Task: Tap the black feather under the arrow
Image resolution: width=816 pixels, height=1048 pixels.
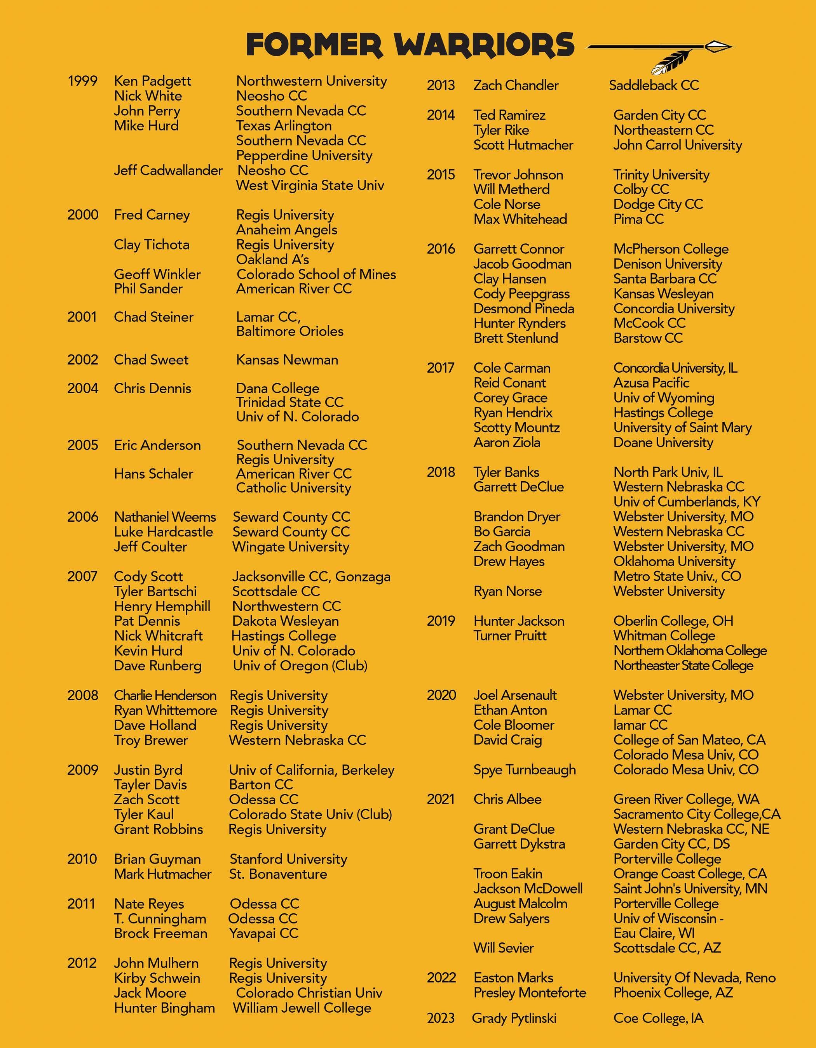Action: pyautogui.click(x=672, y=62)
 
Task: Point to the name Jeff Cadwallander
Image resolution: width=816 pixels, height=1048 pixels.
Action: pyautogui.click(x=168, y=170)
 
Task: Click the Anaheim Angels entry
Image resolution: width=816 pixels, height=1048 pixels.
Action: pyautogui.click(x=286, y=230)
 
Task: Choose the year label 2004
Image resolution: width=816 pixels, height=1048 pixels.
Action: pyautogui.click(x=83, y=388)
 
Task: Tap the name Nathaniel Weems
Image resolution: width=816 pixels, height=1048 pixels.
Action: pyautogui.click(x=165, y=517)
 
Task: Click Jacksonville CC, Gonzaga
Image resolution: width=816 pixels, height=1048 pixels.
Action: pyautogui.click(x=311, y=576)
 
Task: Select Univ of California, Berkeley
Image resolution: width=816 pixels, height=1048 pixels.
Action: pyautogui.click(x=311, y=770)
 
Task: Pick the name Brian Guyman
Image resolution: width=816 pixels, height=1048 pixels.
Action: pyautogui.click(x=157, y=859)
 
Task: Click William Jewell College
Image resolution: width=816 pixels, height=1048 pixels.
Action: pyautogui.click(x=302, y=1008)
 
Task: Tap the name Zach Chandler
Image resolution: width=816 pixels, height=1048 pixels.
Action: pyautogui.click(x=516, y=85)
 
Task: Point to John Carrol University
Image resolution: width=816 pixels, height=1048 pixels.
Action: pyautogui.click(x=677, y=145)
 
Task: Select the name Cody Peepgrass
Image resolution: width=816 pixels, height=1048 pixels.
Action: pyautogui.click(x=521, y=294)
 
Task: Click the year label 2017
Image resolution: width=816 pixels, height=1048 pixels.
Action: pyautogui.click(x=440, y=368)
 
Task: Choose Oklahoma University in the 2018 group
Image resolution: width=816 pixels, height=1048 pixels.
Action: pyautogui.click(x=674, y=561)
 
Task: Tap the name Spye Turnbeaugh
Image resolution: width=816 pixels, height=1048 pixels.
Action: pyautogui.click(x=525, y=770)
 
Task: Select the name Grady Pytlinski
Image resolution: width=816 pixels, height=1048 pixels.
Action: pyautogui.click(x=514, y=1018)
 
